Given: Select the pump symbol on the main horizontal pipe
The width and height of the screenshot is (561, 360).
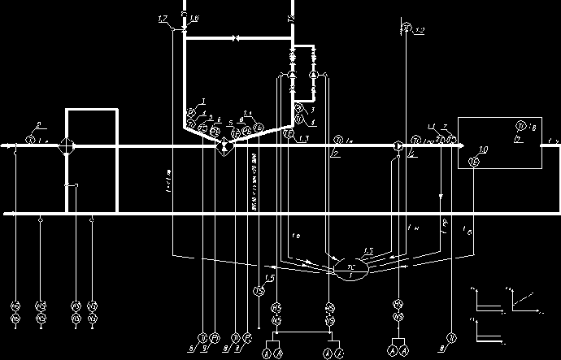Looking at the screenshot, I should coord(397,146).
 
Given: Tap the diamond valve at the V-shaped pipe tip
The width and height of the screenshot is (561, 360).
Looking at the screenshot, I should coord(224,146).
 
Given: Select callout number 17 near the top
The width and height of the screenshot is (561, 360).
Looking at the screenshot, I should coord(163,18).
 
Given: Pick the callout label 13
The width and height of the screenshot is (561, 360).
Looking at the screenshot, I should coord(303,141).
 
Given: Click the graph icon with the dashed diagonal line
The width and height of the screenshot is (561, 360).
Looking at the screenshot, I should coord(518,303).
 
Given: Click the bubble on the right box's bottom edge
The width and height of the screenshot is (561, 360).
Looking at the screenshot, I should coord(476,163).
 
